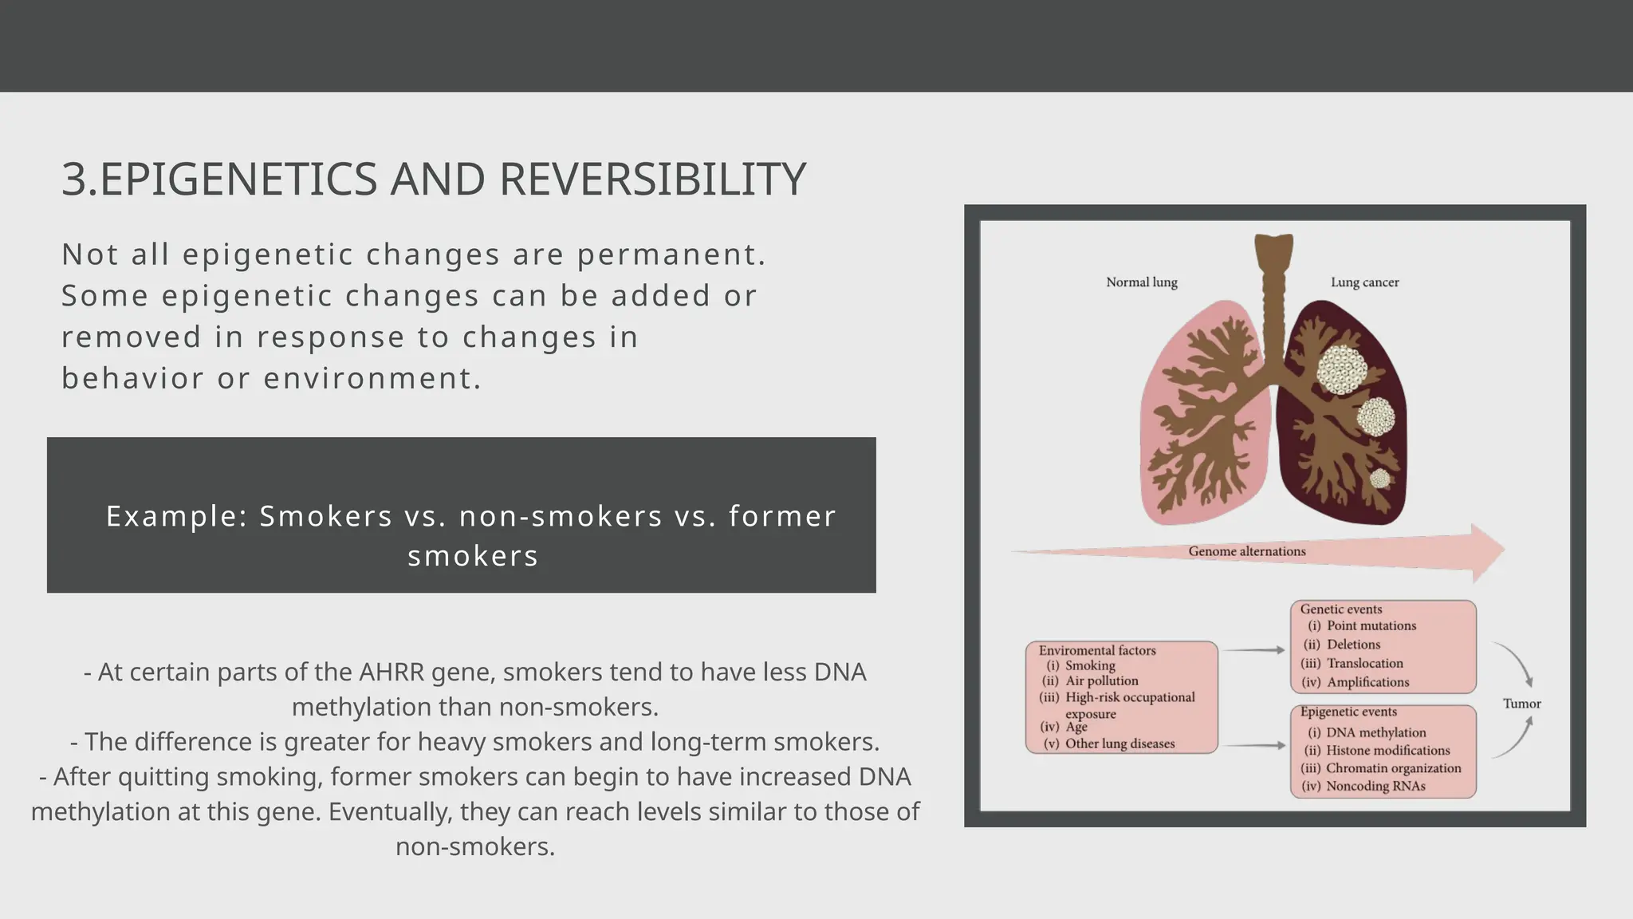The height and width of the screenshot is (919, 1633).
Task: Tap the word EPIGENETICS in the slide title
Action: [x=238, y=179]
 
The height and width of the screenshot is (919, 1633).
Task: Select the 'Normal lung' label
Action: [x=1141, y=282]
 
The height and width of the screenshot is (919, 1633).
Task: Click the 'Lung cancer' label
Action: [x=1364, y=282]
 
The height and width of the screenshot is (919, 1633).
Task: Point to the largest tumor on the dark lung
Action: [x=1342, y=369]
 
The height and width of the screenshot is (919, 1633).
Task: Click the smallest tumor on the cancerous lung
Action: [x=1379, y=479]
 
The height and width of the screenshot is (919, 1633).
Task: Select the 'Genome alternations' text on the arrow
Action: [x=1246, y=551]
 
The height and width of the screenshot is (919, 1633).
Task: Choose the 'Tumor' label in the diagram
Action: [x=1521, y=704]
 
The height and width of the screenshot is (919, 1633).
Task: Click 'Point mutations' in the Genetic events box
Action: [x=1371, y=626]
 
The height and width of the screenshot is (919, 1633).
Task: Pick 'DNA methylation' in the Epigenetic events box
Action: [x=1375, y=732]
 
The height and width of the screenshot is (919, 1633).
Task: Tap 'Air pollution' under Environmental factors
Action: [x=1101, y=681]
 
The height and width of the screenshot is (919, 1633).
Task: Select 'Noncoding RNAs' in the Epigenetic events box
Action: [x=1375, y=787]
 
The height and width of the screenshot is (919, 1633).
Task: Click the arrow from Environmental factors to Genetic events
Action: [x=1253, y=650]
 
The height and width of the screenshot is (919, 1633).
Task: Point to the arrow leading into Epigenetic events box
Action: [x=1253, y=745]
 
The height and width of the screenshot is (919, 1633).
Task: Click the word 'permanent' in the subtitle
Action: [x=666, y=255]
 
